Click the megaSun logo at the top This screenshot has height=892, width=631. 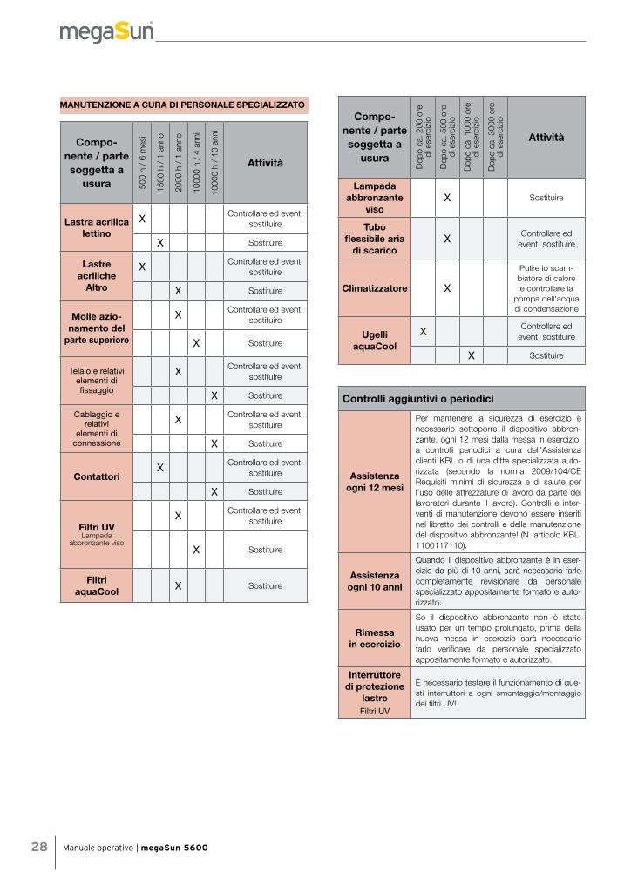pyautogui.click(x=107, y=32)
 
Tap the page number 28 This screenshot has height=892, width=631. pyautogui.click(x=39, y=848)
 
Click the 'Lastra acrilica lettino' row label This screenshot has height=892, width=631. pyautogui.click(x=96, y=228)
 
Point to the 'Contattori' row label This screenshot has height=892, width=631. pyautogui.click(x=96, y=476)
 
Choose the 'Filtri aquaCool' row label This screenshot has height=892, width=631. pyautogui.click(x=96, y=585)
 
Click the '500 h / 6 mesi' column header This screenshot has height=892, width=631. pyautogui.click(x=142, y=162)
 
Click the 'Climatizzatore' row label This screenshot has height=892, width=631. pyautogui.click(x=374, y=287)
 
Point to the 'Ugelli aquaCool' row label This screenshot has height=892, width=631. pyautogui.click(x=374, y=340)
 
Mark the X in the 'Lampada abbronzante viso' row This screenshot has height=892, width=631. pyautogui.click(x=446, y=198)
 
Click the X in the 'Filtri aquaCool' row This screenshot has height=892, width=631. pyautogui.click(x=178, y=586)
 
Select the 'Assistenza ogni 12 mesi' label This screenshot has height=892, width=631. pyautogui.click(x=374, y=482)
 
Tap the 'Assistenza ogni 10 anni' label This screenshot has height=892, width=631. pyautogui.click(x=374, y=581)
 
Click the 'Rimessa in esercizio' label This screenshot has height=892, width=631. pyautogui.click(x=374, y=638)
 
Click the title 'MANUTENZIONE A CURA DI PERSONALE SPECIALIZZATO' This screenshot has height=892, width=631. pyautogui.click(x=183, y=105)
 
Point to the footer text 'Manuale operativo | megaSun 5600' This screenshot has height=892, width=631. pyautogui.click(x=135, y=848)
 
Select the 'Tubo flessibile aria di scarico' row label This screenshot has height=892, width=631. pyautogui.click(x=374, y=238)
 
